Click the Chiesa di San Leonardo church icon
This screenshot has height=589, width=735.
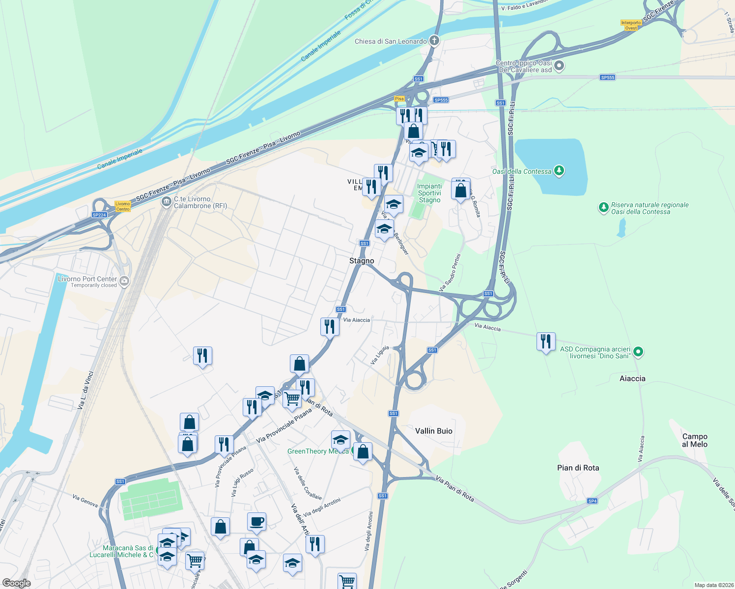point(434,41)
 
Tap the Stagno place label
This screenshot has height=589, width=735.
point(362,261)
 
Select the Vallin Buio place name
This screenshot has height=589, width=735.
point(434,431)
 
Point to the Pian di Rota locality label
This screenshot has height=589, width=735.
point(578,468)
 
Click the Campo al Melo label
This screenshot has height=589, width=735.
point(695,440)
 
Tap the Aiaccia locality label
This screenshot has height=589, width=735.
point(632,378)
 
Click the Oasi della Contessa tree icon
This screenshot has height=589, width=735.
point(559,171)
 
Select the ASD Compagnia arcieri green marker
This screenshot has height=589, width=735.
point(638,351)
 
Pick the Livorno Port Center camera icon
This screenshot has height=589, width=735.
point(124,281)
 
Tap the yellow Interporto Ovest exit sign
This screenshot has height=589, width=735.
point(631,26)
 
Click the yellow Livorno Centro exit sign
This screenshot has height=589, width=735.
point(123,206)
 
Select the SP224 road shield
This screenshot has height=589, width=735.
point(99,215)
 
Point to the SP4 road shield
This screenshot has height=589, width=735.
point(593,501)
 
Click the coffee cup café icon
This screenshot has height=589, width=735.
point(256,521)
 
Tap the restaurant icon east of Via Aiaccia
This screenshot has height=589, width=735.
point(546,341)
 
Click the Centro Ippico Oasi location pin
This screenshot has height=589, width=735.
point(559,65)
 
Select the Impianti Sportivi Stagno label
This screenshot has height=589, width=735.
point(429,193)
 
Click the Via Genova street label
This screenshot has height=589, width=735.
point(85,501)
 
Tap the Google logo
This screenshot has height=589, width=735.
point(17,583)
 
